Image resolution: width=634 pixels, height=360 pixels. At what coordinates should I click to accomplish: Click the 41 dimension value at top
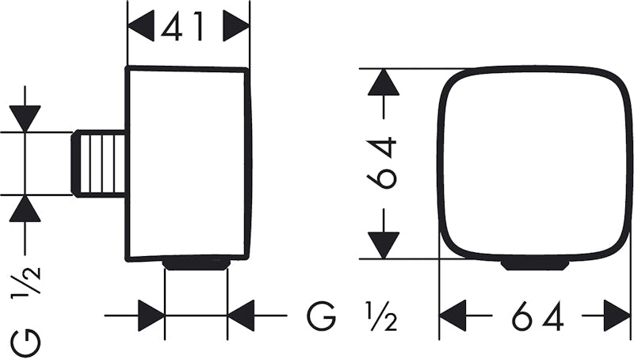(x=182, y=27)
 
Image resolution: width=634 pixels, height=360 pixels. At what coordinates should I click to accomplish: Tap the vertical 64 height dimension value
(x=382, y=163)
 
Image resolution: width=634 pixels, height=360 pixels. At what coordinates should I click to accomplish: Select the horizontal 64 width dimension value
(x=538, y=316)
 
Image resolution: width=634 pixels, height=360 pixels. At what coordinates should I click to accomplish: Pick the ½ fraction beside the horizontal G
(x=381, y=316)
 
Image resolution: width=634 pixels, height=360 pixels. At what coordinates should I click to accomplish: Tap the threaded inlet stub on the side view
(x=98, y=163)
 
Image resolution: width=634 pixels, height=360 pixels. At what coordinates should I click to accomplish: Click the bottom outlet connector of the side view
(x=196, y=264)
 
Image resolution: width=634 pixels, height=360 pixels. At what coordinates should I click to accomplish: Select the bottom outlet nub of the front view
(x=535, y=265)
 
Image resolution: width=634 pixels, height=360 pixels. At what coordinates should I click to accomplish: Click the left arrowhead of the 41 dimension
(x=141, y=26)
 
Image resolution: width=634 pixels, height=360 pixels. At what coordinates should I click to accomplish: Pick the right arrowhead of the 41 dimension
(x=236, y=26)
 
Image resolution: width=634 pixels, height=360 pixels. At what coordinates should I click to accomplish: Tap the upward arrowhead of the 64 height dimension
(x=384, y=82)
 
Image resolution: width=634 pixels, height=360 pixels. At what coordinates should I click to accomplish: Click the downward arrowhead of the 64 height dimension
(x=384, y=245)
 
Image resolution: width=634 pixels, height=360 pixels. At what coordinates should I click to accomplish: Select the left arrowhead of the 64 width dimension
(x=453, y=316)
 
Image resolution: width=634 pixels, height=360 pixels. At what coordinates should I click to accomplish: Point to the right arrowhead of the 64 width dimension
(x=617, y=316)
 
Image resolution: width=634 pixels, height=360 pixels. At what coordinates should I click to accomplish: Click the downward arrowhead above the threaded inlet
(x=25, y=118)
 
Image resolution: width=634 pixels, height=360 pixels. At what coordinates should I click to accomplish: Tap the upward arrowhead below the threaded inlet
(x=25, y=209)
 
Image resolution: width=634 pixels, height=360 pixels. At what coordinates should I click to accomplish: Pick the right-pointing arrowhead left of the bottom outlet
(x=151, y=316)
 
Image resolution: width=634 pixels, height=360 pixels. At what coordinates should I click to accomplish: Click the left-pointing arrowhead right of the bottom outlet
(x=241, y=316)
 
